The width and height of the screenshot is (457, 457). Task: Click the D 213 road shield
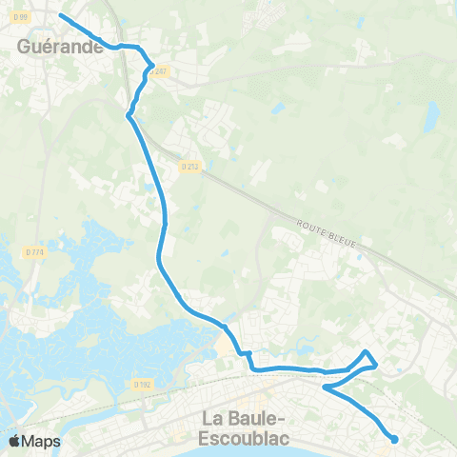coord(189,167)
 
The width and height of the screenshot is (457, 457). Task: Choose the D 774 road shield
coord(33,251)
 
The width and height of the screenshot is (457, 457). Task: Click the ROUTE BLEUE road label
coord(326,233)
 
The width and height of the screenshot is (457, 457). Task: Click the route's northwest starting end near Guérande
coord(61,15)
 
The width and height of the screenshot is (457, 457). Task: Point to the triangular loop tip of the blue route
coord(366,352)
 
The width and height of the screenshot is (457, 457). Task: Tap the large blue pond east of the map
coord(431,117)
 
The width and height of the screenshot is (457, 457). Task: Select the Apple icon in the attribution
coord(14,441)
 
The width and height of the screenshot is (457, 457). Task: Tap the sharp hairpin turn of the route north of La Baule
coord(326,387)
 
